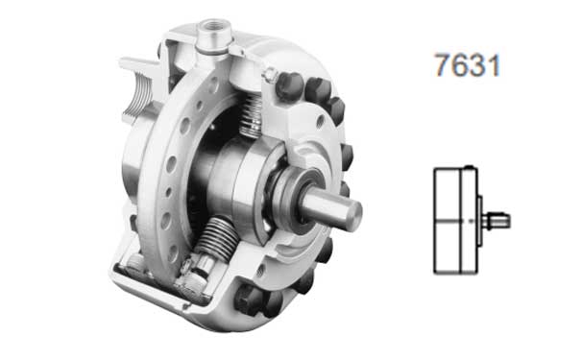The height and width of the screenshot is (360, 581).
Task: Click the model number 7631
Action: click(468, 65)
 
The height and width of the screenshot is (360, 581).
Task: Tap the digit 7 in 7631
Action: click(443, 65)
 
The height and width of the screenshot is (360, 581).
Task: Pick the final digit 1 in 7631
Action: click(494, 65)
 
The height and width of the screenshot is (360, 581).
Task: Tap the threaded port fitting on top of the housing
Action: click(214, 36)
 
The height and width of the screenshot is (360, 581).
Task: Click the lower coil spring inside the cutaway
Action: click(217, 239)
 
